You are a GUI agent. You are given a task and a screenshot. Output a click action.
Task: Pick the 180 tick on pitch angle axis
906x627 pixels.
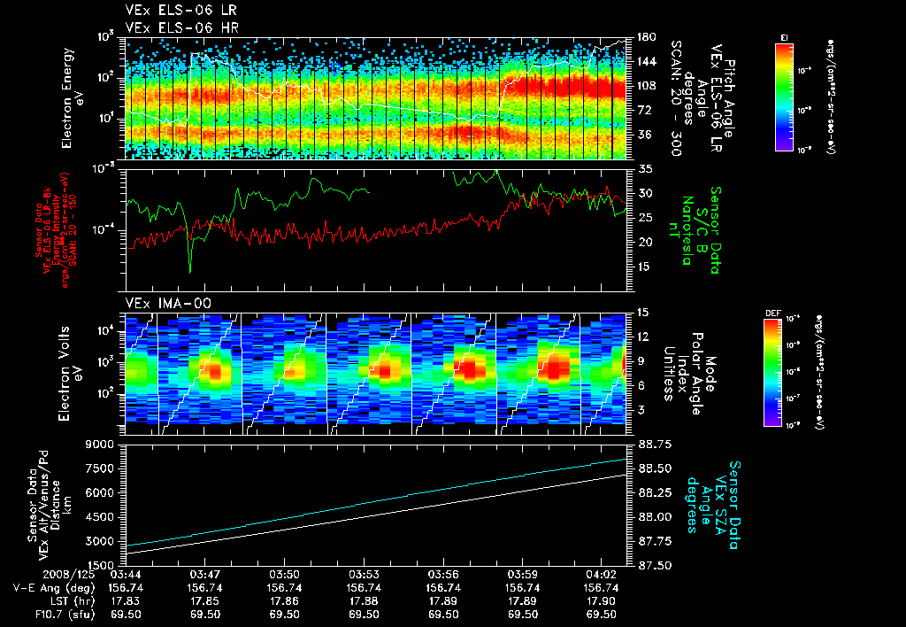pyautogui.click(x=645, y=37)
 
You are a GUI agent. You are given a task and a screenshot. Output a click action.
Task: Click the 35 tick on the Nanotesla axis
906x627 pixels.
pyautogui.click(x=644, y=168)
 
